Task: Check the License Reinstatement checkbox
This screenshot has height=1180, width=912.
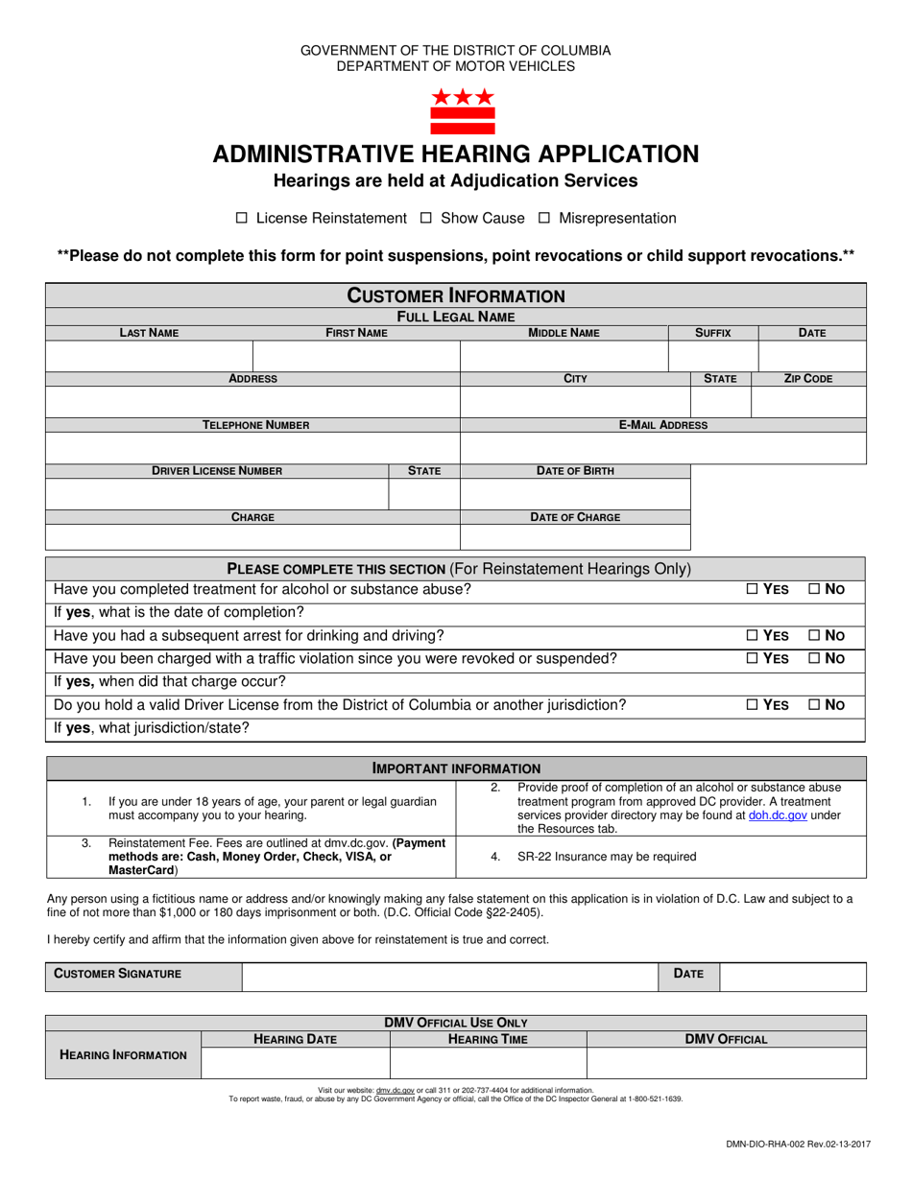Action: coord(242,219)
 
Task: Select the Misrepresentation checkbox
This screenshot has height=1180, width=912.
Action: coord(543,219)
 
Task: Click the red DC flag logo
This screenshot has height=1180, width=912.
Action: coord(462,110)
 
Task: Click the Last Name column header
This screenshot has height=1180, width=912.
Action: coord(149,333)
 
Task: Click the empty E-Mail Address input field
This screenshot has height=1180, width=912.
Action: coord(663,448)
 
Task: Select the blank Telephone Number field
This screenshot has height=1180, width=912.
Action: coord(252,448)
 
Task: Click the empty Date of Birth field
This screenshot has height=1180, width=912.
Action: coord(575,494)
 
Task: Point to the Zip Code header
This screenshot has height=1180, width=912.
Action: coord(808,379)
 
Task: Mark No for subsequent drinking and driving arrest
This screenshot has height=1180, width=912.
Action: coord(815,636)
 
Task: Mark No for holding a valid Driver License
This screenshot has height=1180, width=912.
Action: coord(815,705)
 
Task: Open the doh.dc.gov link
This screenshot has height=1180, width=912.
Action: coord(777,815)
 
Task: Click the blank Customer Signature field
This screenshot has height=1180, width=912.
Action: coord(450,974)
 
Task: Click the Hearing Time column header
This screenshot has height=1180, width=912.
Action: coord(488,1039)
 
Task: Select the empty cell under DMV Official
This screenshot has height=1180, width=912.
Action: coord(726,1063)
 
